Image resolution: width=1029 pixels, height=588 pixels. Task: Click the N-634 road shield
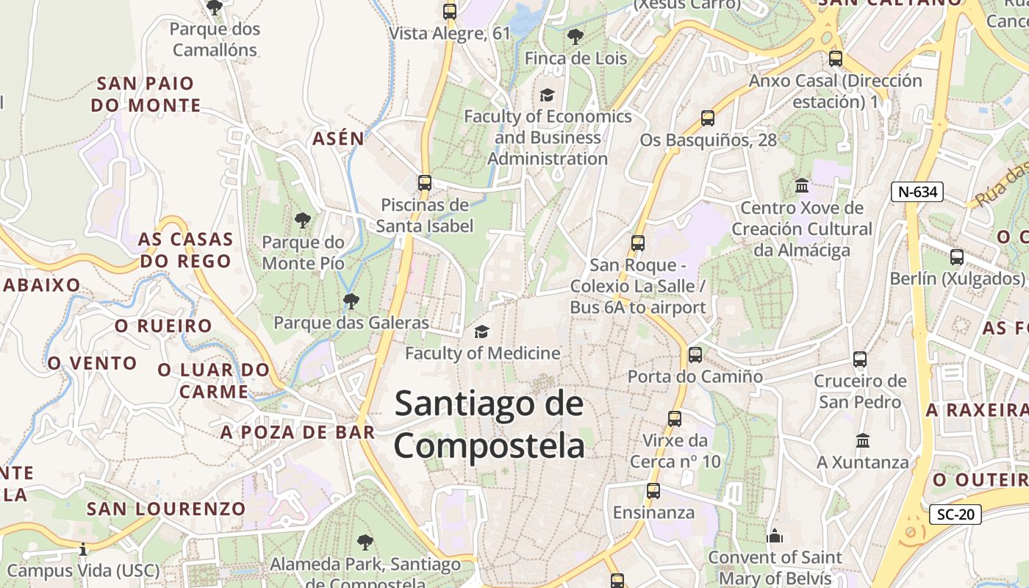(917, 192)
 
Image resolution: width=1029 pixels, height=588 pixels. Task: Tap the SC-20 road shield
(955, 514)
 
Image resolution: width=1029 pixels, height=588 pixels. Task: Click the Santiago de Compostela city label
(490, 424)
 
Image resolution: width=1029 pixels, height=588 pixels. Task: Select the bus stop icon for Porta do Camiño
(695, 355)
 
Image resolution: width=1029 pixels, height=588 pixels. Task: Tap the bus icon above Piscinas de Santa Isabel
(424, 183)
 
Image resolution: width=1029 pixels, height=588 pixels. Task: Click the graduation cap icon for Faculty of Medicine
(481, 332)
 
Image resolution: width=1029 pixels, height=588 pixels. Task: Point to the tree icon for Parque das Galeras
(351, 301)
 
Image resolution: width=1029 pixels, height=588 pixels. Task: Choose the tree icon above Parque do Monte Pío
(302, 220)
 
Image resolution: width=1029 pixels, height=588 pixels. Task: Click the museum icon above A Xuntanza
(863, 441)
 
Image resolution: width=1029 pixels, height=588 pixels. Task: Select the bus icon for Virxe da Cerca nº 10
(674, 419)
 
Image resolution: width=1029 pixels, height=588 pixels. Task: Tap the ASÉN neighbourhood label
(338, 138)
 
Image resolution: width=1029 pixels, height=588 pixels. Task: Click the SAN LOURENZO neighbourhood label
(166, 509)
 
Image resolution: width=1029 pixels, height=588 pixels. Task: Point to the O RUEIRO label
(163, 326)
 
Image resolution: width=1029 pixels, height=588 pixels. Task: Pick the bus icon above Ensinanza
(653, 491)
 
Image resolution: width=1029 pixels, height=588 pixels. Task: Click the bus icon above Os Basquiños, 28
(708, 118)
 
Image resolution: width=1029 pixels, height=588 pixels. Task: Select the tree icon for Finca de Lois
(575, 36)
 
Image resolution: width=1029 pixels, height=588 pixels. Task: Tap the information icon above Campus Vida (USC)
(83, 549)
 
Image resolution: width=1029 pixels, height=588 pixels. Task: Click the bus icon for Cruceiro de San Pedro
(860, 359)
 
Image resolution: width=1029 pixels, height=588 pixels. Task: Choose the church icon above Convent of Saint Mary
(774, 536)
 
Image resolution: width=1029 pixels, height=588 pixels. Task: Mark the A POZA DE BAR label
(298, 432)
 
